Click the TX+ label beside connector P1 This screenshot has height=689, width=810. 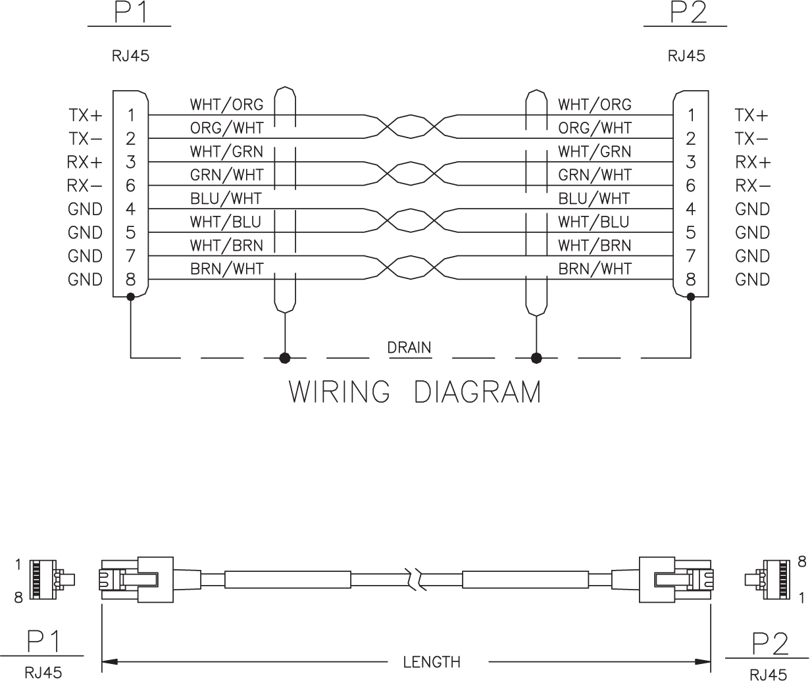pyautogui.click(x=86, y=115)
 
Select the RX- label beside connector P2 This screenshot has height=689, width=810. pyautogui.click(x=752, y=186)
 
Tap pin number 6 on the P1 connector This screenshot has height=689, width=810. pyautogui.click(x=130, y=186)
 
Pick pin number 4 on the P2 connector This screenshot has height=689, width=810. pyautogui.click(x=690, y=209)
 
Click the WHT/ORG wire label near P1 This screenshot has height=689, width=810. pyautogui.click(x=226, y=105)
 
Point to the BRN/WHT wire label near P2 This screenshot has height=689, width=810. pyautogui.click(x=594, y=268)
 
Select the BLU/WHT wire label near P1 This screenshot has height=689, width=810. pyautogui.click(x=226, y=198)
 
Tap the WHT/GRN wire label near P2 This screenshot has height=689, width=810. pyautogui.click(x=594, y=151)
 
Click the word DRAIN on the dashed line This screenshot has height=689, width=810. pyautogui.click(x=409, y=347)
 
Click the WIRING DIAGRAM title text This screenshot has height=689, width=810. pyautogui.click(x=415, y=392)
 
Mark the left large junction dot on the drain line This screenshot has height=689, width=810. pyautogui.click(x=285, y=358)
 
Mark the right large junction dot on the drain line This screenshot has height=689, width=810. pyautogui.click(x=536, y=358)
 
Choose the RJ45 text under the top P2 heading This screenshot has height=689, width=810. pyautogui.click(x=686, y=56)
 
